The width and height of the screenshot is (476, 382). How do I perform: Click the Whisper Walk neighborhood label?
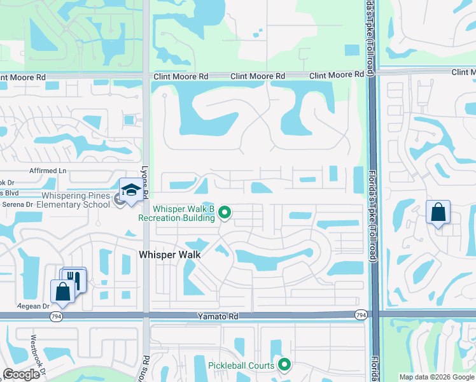point(170,255)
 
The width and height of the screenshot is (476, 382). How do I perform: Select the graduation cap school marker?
point(131,191)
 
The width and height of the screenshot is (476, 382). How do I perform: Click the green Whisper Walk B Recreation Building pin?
point(224,212)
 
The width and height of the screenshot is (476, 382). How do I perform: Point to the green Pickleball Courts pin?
point(284,365)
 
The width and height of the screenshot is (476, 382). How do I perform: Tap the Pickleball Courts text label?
point(241,365)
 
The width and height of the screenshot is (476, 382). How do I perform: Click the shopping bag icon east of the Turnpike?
point(438,213)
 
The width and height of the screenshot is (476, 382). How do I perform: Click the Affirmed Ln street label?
point(48,171)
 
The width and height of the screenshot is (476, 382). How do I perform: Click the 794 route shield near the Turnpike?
point(361,315)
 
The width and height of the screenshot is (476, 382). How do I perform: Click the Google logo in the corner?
point(21,374)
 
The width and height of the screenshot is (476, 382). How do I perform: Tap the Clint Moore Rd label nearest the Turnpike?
point(337,76)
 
